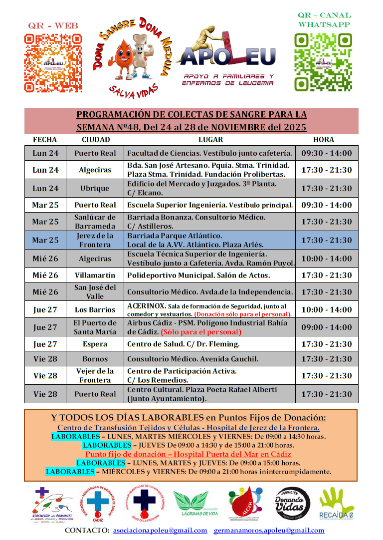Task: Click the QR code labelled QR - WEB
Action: (x=53, y=63)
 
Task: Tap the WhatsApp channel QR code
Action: (x=324, y=62)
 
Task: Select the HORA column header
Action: (x=324, y=140)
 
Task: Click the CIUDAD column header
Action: (x=96, y=140)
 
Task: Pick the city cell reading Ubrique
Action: (x=95, y=189)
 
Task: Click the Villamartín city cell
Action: (x=95, y=275)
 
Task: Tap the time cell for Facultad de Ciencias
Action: (x=326, y=153)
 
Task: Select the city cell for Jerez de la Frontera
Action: (x=95, y=240)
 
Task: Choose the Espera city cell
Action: (x=95, y=344)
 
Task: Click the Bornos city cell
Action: (x=95, y=359)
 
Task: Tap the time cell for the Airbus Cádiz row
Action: (x=326, y=327)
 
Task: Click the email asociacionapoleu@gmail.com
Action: (x=160, y=530)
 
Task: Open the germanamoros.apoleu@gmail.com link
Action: (x=269, y=530)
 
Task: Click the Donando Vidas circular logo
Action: (x=292, y=504)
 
